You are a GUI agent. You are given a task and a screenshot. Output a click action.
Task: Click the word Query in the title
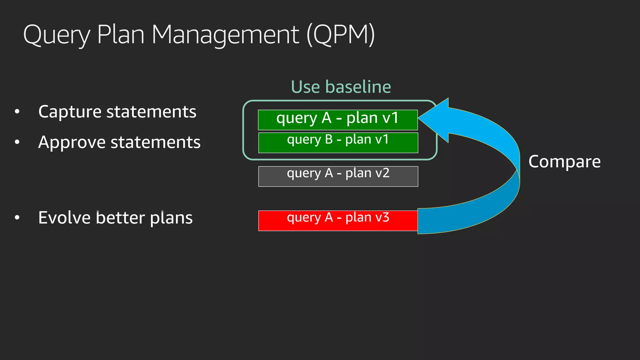point(57,35)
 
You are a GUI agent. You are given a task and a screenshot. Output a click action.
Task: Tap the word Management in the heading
point(225,35)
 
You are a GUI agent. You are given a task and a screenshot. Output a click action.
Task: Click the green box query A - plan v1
point(337,120)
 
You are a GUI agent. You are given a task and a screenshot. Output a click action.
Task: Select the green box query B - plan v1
point(338,143)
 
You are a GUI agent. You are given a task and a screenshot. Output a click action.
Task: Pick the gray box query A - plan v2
point(338,176)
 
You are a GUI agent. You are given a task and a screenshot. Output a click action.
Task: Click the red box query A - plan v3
point(338,221)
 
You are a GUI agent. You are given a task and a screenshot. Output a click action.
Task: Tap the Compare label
point(564,162)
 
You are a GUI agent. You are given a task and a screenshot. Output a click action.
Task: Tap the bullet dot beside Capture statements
point(17,112)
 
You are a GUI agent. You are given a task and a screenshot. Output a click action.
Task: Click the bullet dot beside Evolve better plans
point(17,217)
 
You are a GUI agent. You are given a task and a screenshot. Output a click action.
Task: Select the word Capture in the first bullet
point(70,112)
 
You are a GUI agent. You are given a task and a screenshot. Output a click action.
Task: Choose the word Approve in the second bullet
point(72,142)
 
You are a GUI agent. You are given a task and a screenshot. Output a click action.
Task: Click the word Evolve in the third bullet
point(65,217)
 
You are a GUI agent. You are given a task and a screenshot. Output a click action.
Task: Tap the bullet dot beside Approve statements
point(17,142)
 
